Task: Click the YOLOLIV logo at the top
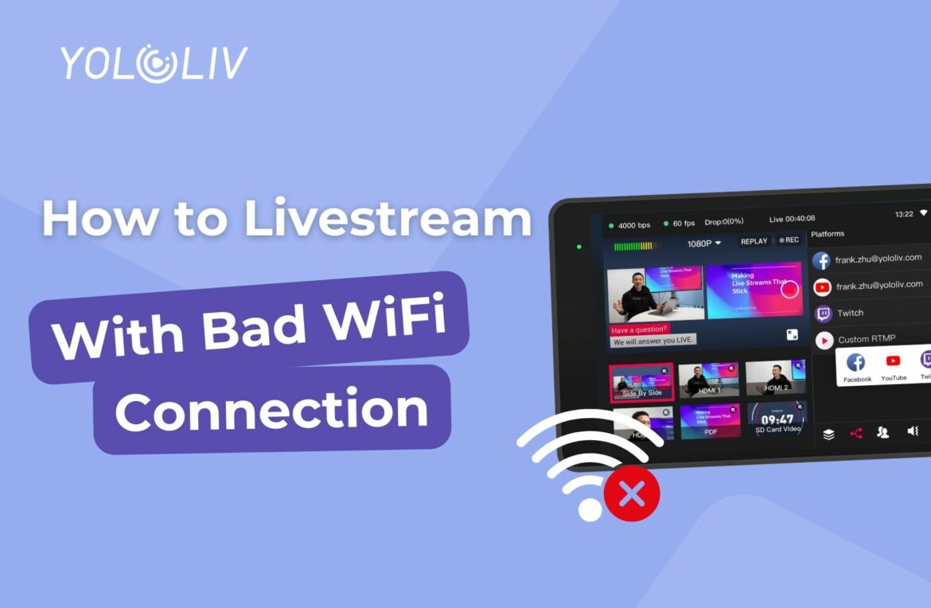pyautogui.click(x=154, y=64)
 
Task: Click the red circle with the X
pyautogui.click(x=632, y=496)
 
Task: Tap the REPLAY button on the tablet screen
pyautogui.click(x=754, y=240)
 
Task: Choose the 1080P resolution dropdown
pyautogui.click(x=704, y=243)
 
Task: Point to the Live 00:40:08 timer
pyautogui.click(x=792, y=219)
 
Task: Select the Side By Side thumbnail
pyautogui.click(x=641, y=384)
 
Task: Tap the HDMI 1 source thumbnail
pyautogui.click(x=708, y=380)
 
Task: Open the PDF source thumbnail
pyautogui.click(x=710, y=422)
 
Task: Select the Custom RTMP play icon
pyautogui.click(x=824, y=340)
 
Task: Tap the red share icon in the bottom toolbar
pyautogui.click(x=855, y=434)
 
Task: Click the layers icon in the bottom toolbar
pyautogui.click(x=828, y=435)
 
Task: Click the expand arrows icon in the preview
pyautogui.click(x=793, y=335)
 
